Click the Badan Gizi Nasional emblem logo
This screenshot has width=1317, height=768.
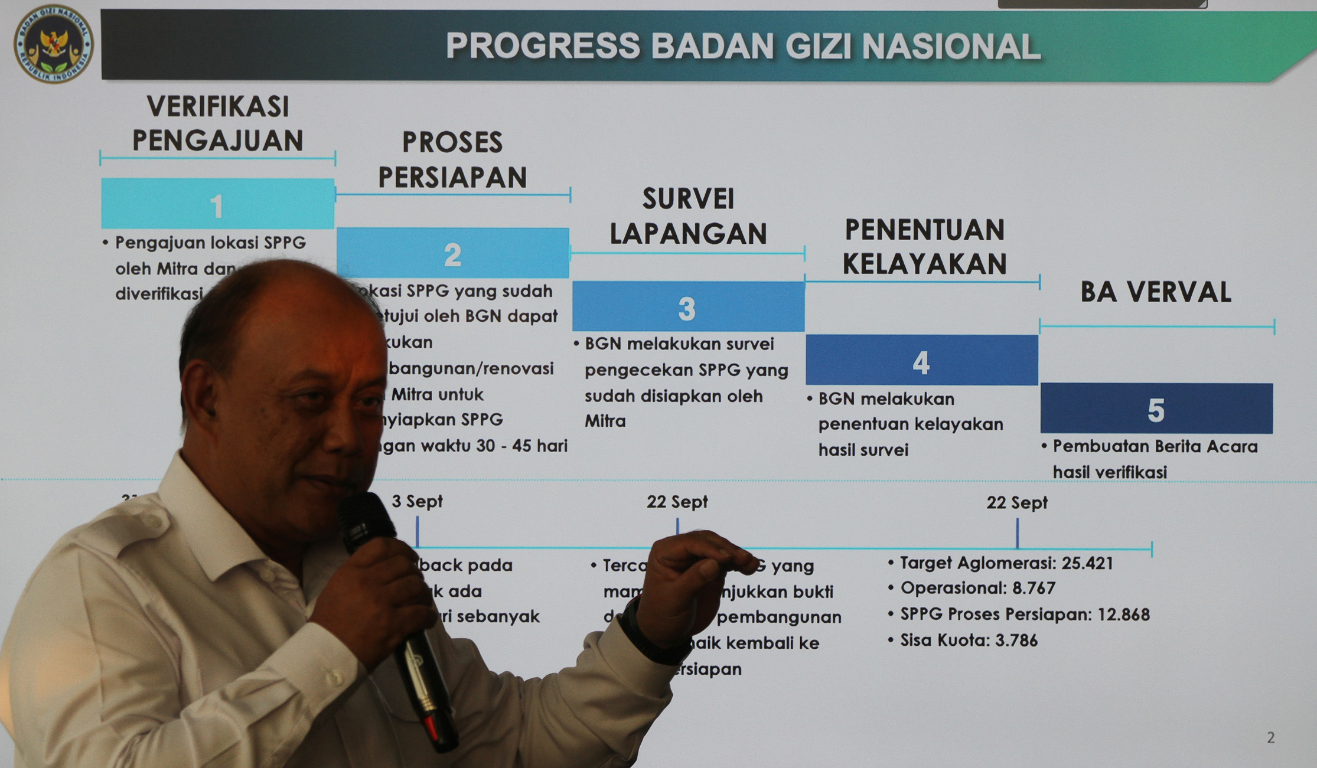point(53,44)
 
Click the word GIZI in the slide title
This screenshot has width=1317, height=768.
point(819,46)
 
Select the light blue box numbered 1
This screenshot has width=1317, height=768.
point(217,204)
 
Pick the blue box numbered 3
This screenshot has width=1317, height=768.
point(687,307)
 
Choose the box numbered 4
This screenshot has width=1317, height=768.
point(921,361)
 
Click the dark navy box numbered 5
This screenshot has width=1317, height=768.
point(1156,408)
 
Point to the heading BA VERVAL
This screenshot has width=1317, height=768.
point(1156,292)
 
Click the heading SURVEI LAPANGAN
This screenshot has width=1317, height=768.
point(688,216)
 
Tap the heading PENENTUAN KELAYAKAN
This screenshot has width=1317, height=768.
point(924,247)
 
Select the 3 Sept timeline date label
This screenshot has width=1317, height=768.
point(417,501)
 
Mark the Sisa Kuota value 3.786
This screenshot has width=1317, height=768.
point(1016,640)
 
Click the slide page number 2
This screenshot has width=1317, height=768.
point(1270,737)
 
